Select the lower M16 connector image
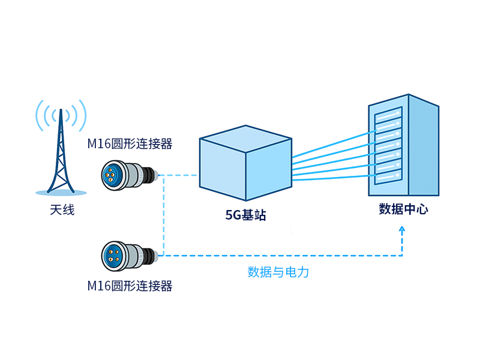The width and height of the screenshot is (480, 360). (x=130, y=255)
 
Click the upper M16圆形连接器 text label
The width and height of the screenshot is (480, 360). (x=130, y=145)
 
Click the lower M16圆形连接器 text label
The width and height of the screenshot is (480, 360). (x=130, y=286)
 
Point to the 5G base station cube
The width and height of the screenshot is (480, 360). (x=245, y=165)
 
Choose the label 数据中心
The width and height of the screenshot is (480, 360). (x=404, y=209)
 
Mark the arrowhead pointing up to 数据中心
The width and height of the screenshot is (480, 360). (x=403, y=230)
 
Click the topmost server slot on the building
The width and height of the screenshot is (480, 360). (x=387, y=115)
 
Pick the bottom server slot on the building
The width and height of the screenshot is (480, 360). (x=387, y=176)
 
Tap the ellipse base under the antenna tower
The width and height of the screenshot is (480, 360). (x=61, y=193)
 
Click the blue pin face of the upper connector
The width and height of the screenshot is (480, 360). (x=112, y=175)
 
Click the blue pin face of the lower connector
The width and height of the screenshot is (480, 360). (x=112, y=255)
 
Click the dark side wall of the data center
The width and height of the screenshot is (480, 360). (x=424, y=150)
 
